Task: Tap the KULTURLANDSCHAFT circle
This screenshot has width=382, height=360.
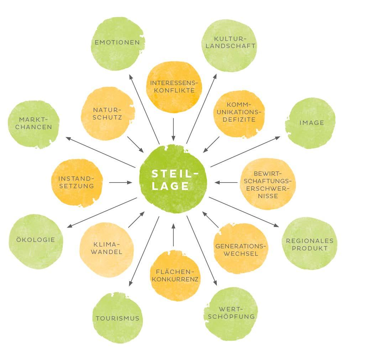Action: [x=229, y=46]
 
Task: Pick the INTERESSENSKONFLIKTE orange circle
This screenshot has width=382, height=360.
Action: [x=173, y=87]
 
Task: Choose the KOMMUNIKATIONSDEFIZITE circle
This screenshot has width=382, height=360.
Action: [x=239, y=113]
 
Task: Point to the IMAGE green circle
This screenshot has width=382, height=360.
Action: [x=310, y=123]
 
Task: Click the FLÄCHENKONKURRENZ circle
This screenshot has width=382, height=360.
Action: [x=174, y=274]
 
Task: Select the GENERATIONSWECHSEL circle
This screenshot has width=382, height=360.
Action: [x=240, y=249]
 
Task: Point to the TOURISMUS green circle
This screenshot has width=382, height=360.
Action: [x=118, y=318]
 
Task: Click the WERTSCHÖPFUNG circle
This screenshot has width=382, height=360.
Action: [x=231, y=313]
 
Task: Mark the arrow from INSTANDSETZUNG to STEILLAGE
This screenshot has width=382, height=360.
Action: [x=120, y=182]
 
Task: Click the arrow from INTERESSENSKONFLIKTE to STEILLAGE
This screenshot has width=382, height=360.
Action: [x=173, y=129]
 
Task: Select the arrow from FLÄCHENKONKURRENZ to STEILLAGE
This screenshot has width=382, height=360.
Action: [x=173, y=235]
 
